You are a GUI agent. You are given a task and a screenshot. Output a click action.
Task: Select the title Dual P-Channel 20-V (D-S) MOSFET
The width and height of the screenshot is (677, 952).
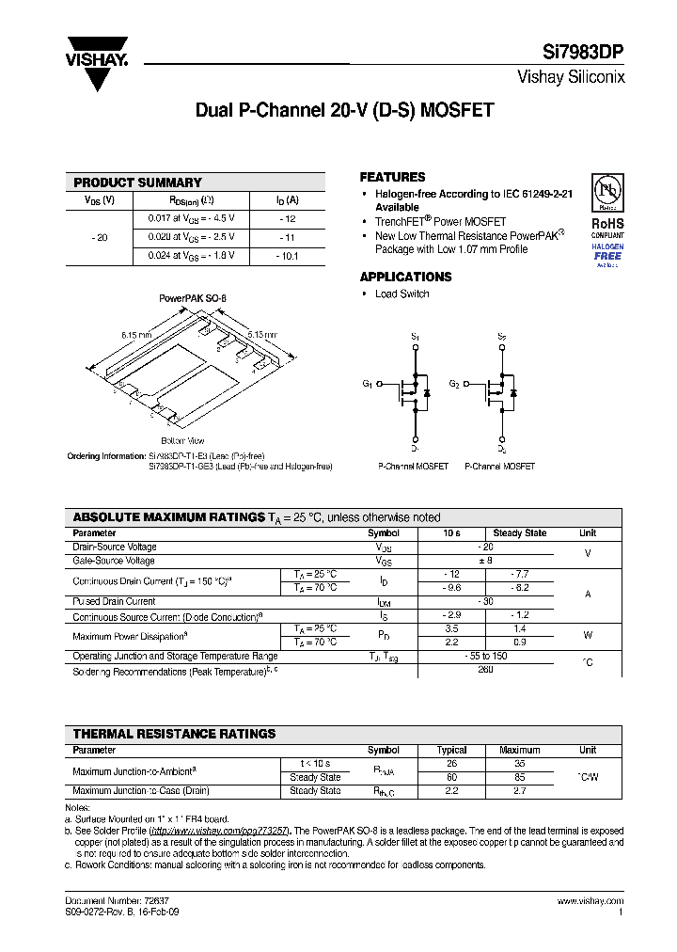(344, 110)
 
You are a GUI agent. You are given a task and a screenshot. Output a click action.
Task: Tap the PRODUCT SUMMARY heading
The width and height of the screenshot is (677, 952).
(137, 182)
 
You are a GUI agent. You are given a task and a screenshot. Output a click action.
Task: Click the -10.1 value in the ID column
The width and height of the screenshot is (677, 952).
(287, 256)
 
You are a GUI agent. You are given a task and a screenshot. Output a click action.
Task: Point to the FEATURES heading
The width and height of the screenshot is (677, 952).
(392, 177)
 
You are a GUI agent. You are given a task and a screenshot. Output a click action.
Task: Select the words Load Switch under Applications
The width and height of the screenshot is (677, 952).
(401, 294)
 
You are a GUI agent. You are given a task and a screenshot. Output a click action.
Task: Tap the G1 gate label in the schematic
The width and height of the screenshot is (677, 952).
(367, 384)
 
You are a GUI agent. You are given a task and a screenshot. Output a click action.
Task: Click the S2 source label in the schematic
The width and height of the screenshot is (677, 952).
(501, 336)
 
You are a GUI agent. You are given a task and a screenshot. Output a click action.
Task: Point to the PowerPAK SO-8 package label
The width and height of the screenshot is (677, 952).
(192, 298)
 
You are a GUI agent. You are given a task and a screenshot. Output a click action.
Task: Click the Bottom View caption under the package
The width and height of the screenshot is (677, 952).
(182, 440)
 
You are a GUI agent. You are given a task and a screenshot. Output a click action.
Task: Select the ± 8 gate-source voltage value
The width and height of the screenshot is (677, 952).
(486, 561)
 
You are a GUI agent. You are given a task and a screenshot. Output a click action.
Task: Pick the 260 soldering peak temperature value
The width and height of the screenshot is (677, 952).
(486, 671)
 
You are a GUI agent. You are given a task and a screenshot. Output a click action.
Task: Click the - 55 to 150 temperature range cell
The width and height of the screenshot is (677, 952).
(486, 656)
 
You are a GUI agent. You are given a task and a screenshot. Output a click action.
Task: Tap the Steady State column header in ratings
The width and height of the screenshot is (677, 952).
(519, 533)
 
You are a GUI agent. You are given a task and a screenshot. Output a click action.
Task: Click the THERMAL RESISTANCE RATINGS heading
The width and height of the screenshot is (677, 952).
(174, 734)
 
